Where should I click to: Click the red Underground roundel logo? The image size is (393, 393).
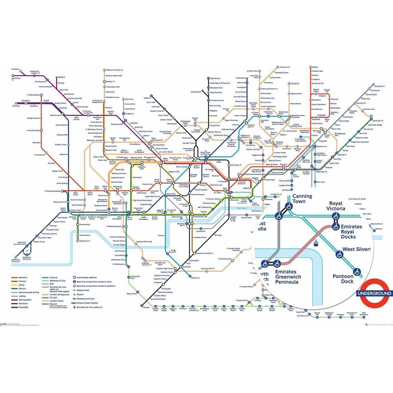click(375, 293)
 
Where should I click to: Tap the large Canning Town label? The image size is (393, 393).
click(302, 199)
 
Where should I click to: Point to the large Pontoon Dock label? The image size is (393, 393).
click(343, 279)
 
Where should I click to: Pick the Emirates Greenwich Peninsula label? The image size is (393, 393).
click(288, 277)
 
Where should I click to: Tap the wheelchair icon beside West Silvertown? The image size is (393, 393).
click(339, 254)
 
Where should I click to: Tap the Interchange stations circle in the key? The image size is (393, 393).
click(74, 277)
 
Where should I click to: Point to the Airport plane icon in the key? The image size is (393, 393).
click(74, 294)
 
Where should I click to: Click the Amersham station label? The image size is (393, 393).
click(16, 79)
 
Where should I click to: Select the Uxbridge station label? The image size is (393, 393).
click(16, 106)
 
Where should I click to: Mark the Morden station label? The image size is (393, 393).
click(146, 308)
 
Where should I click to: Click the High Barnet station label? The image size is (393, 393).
click(215, 78)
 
